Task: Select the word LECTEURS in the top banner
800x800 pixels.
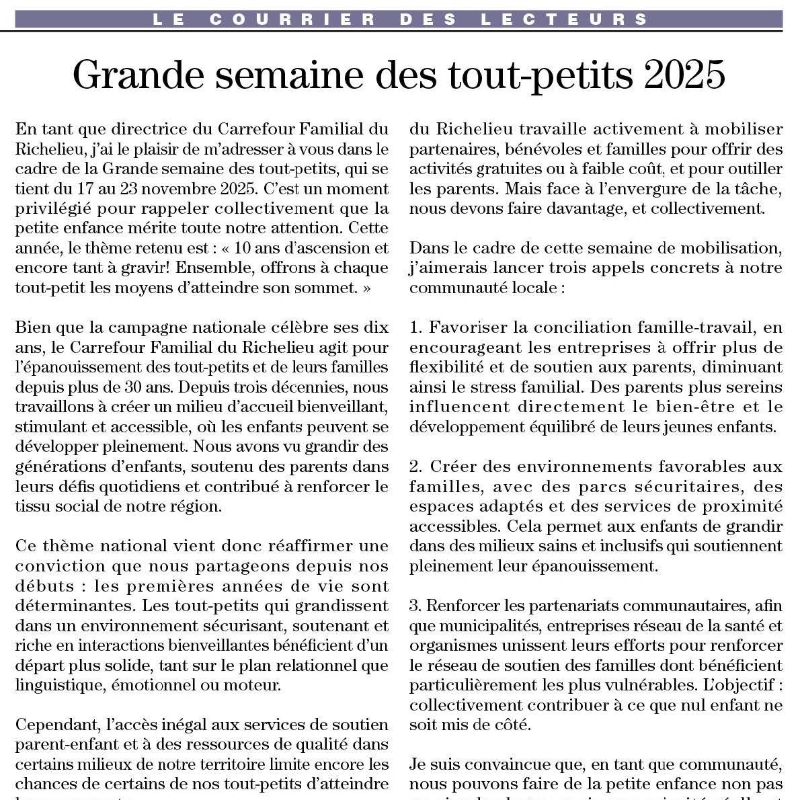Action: click(565, 19)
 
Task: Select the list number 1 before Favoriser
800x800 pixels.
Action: click(415, 327)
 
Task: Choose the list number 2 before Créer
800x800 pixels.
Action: click(415, 466)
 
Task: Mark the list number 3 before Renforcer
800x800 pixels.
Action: click(415, 605)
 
